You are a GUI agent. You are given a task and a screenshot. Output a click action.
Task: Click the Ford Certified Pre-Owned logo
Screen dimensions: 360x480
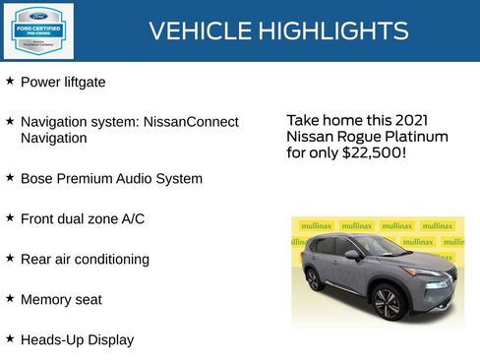click(37, 30)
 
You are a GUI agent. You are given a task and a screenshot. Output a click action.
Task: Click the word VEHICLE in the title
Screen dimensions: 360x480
click(195, 31)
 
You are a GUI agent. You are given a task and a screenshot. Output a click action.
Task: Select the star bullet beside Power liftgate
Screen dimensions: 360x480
click(10, 82)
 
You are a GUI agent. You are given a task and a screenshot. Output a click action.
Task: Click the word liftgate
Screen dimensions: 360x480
click(84, 83)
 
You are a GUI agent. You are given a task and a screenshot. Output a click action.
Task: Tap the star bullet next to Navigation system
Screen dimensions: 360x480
click(10, 121)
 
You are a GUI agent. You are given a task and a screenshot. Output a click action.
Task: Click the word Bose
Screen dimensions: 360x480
click(37, 179)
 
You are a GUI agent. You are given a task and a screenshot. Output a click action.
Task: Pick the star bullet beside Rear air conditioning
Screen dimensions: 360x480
click(10, 258)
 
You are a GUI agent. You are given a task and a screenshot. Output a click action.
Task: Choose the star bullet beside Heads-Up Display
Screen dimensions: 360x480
click(10, 338)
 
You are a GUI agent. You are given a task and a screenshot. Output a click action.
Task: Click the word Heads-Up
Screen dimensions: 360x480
click(50, 339)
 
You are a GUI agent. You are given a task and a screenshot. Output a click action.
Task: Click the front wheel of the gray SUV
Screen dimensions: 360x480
click(388, 302)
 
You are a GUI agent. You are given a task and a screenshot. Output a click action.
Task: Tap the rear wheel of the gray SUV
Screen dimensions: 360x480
click(315, 278)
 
